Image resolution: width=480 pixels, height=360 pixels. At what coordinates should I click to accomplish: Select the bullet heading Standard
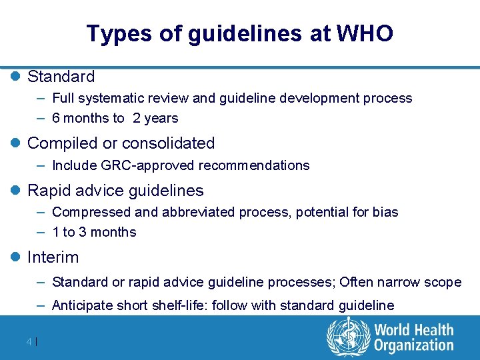[61, 77]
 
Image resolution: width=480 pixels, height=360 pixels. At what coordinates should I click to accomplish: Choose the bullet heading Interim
[53, 257]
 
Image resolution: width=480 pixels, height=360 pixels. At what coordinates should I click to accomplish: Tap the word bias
[385, 212]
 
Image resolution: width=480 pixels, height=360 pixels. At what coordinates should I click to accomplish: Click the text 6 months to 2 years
[115, 118]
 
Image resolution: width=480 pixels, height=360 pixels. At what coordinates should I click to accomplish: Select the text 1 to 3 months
[94, 232]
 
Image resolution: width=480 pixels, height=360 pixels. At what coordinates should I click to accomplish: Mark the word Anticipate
[80, 305]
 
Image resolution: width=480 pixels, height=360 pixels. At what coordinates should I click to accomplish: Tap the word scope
[444, 282]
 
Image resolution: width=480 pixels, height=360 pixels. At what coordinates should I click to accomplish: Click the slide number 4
[29, 341]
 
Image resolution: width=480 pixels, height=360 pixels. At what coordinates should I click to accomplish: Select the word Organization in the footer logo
[413, 345]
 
